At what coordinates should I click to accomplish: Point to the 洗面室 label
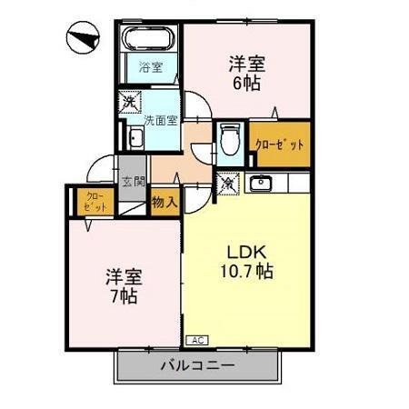click(159, 119)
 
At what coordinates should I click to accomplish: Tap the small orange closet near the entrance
click(94, 202)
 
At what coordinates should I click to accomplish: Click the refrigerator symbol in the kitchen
click(227, 182)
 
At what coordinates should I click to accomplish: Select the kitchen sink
click(262, 183)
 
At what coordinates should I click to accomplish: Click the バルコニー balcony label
click(197, 366)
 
